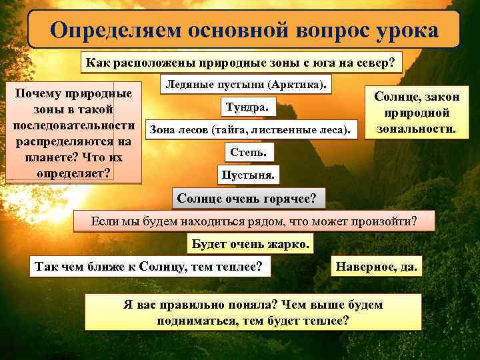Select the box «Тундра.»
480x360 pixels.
coord(247,106)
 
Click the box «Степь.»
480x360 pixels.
coord(248,153)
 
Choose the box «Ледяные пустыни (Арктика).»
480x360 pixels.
coord(247,85)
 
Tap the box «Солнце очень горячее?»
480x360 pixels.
coord(246,199)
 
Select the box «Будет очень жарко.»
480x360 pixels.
coord(250,244)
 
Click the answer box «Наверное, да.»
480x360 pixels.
coord(377,267)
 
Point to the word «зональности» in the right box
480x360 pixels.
coord(416,128)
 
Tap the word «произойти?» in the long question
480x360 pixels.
coord(383,221)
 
